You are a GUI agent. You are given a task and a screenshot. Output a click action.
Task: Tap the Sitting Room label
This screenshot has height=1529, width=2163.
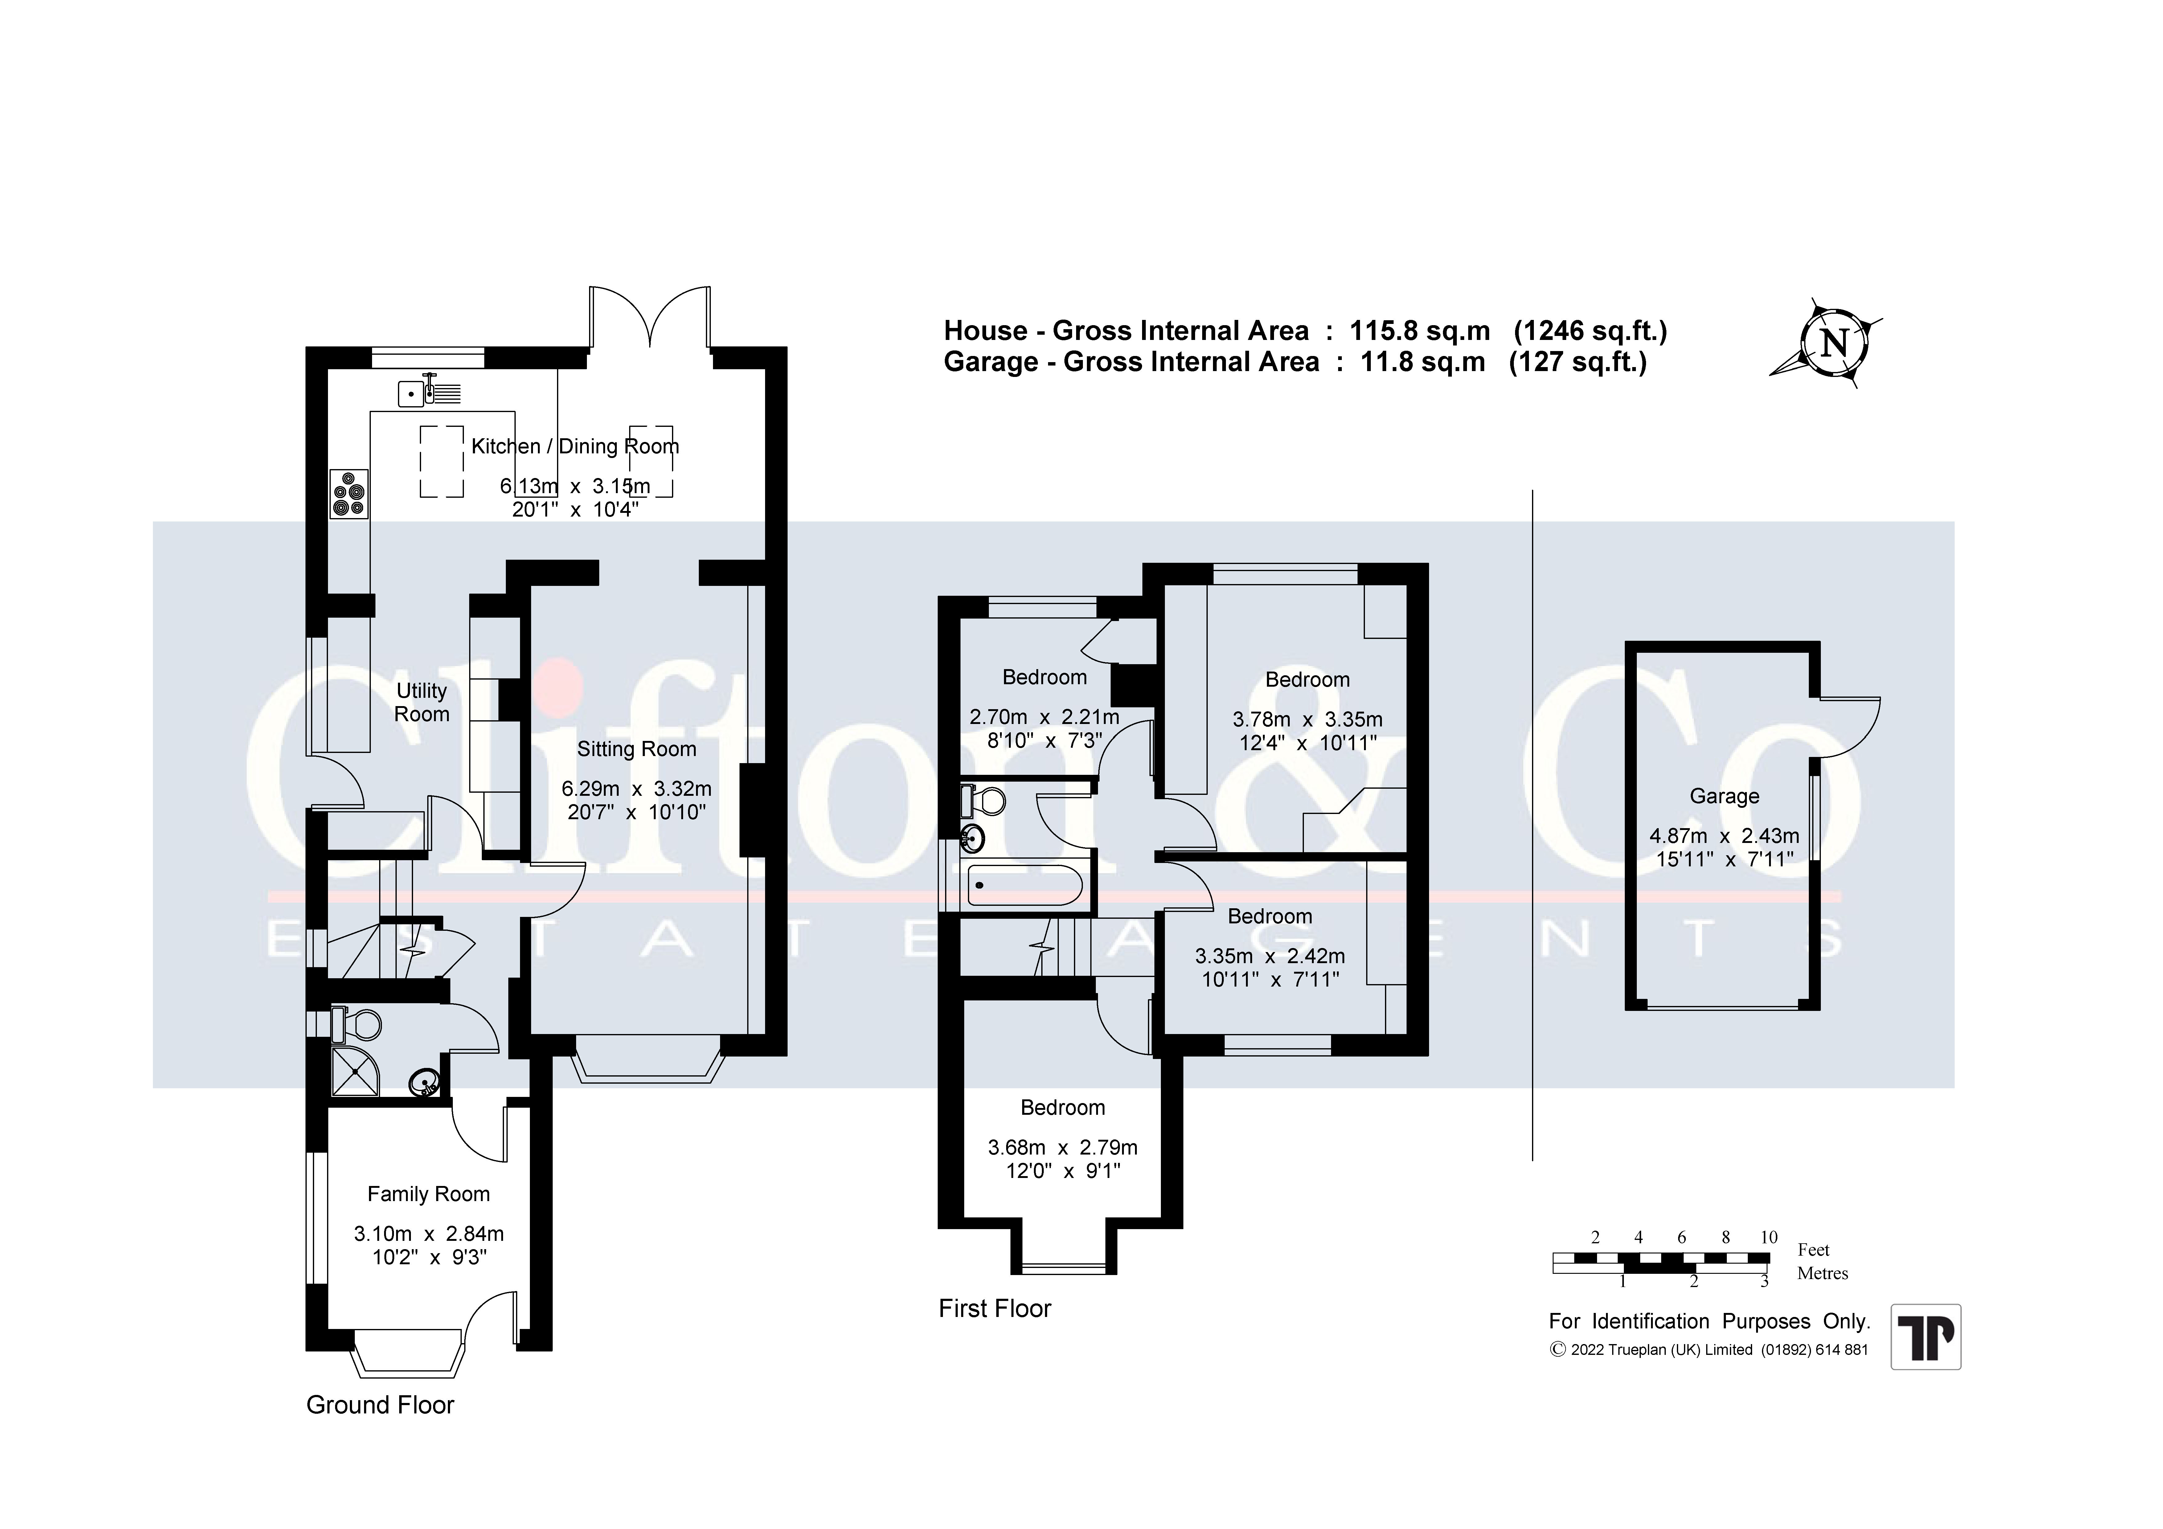click(x=637, y=749)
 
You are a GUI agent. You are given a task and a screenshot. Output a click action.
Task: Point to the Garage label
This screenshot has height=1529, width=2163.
click(x=1724, y=796)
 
